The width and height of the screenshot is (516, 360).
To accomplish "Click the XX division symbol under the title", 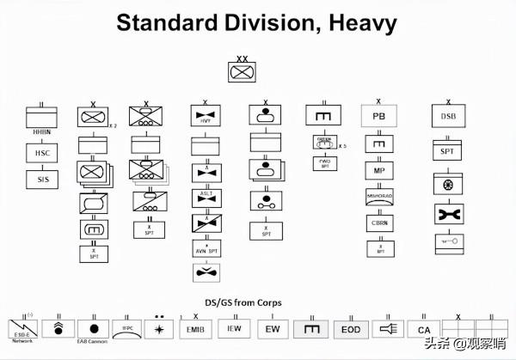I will click(x=242, y=73).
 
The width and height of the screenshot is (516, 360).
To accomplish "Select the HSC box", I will click(x=41, y=153).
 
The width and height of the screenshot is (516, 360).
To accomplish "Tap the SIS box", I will click(x=41, y=180).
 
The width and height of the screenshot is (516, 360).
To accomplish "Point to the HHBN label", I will click(x=41, y=132).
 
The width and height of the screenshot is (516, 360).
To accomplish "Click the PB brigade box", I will click(x=378, y=117).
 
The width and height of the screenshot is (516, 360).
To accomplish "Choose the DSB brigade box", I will click(x=447, y=117).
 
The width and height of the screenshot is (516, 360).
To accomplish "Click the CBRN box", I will click(x=378, y=223).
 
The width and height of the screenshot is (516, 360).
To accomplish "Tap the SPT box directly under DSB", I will click(x=447, y=151).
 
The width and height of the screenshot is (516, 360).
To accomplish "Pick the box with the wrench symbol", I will click(x=447, y=212).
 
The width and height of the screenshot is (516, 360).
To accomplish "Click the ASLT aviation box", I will click(x=204, y=198).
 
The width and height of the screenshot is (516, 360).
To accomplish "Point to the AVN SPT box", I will click(x=204, y=249).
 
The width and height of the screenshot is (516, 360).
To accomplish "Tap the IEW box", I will click(x=234, y=329).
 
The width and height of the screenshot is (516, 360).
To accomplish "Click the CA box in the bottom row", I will click(x=424, y=329).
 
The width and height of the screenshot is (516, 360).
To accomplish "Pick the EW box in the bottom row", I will click(x=272, y=329).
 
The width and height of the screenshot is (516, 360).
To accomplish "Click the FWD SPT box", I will click(x=324, y=162).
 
